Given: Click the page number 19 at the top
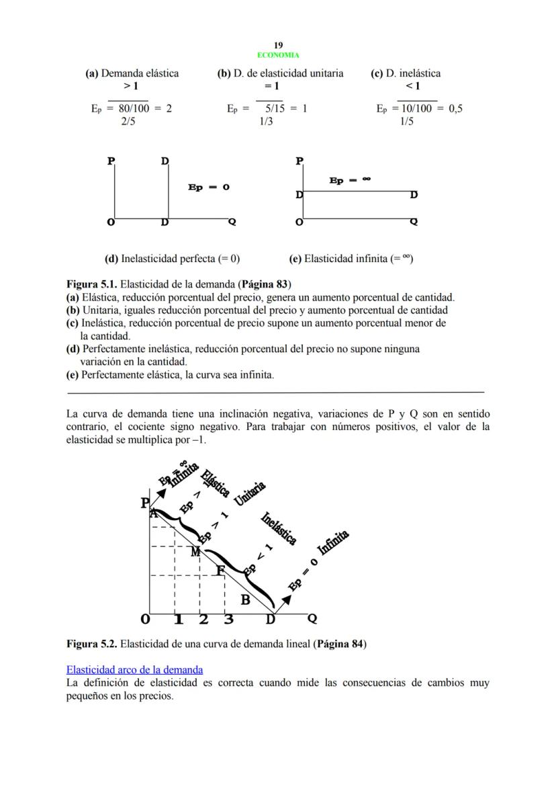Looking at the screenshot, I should point(278,46).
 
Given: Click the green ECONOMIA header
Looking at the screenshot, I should point(278,55).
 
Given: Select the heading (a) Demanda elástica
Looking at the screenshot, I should point(132,73).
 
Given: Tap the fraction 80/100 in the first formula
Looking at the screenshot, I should point(134,108).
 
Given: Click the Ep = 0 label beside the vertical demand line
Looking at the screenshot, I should point(209,187).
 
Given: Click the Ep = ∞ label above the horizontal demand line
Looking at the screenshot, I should point(350,180).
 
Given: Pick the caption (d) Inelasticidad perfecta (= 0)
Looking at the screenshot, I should point(172,258).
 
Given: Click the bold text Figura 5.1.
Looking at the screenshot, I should point(92,284).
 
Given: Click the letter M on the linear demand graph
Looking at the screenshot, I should point(195,552).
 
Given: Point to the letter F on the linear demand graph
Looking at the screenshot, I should point(220,571).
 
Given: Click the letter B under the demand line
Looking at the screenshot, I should point(245,599).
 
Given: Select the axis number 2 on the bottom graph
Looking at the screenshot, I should point(203,619).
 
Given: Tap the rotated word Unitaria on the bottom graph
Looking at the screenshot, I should point(250,494).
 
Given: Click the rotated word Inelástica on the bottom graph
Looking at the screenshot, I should point(278,530).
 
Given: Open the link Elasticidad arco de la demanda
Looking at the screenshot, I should point(134,669).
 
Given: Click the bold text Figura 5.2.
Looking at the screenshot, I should point(92,644).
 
